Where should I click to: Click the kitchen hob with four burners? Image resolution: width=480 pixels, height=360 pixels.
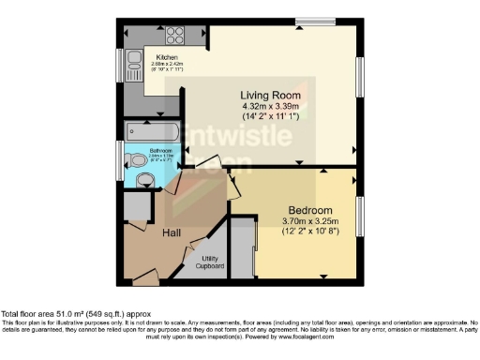(175, 36)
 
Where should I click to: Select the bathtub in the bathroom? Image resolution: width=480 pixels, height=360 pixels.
(150, 130)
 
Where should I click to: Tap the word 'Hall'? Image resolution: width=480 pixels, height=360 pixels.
(172, 232)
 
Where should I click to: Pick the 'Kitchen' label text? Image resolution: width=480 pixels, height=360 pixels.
(168, 57)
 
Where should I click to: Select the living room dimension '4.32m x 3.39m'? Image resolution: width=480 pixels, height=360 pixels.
(268, 107)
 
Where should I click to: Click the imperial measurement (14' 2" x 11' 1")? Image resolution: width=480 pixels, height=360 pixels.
(268, 117)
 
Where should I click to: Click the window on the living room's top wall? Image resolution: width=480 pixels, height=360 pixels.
(308, 22)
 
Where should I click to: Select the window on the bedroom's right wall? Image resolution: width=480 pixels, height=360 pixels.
(359, 217)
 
